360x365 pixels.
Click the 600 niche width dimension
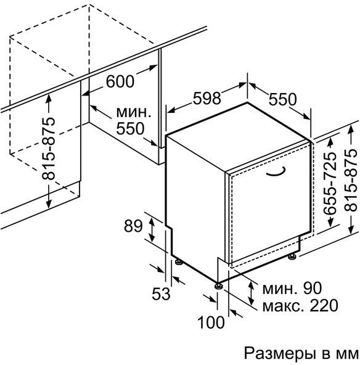click(120, 81)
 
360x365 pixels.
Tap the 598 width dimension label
click(207, 98)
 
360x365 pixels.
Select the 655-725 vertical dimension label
click(330, 184)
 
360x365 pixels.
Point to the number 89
click(133, 226)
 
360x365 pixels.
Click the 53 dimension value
click(161, 293)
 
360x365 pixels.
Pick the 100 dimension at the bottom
click(211, 322)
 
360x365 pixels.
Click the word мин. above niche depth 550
click(134, 112)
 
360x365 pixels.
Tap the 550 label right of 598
click(283, 99)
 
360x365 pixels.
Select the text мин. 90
click(292, 288)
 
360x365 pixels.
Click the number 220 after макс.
click(324, 305)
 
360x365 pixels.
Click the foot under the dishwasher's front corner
click(218, 285)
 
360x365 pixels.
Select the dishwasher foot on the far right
click(292, 256)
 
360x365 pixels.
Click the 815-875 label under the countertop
click(49, 149)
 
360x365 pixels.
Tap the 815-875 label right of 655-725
click(351, 180)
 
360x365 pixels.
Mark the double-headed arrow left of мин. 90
click(251, 293)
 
